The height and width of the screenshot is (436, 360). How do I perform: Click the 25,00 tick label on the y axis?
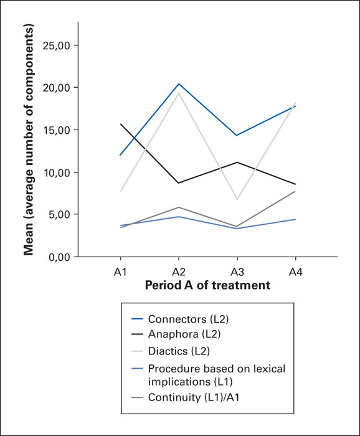[x=57, y=45]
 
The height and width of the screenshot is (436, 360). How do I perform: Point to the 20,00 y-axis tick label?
[x=57, y=88]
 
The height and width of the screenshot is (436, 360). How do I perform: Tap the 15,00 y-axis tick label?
[x=57, y=130]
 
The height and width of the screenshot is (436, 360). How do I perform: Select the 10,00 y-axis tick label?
[x=57, y=173]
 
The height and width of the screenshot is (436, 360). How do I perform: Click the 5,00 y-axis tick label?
[x=59, y=214]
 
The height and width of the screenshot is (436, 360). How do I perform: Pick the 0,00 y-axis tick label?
[x=59, y=257]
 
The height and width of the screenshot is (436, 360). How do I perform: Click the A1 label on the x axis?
[x=120, y=272]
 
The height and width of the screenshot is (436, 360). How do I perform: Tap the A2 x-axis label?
[x=179, y=272]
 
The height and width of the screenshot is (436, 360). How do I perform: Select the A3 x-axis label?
[x=237, y=272]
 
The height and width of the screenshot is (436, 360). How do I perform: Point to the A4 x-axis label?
[x=295, y=272]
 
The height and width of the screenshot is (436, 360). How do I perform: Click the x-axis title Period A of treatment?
[x=207, y=285]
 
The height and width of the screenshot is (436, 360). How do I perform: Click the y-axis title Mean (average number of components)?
[x=29, y=140]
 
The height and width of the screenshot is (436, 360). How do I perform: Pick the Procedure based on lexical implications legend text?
[x=217, y=375]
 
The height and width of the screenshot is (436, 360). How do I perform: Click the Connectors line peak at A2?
[x=179, y=83]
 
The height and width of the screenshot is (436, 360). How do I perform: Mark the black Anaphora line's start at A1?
[x=120, y=124]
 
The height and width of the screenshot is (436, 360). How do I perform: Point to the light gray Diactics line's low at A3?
[x=237, y=199]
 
